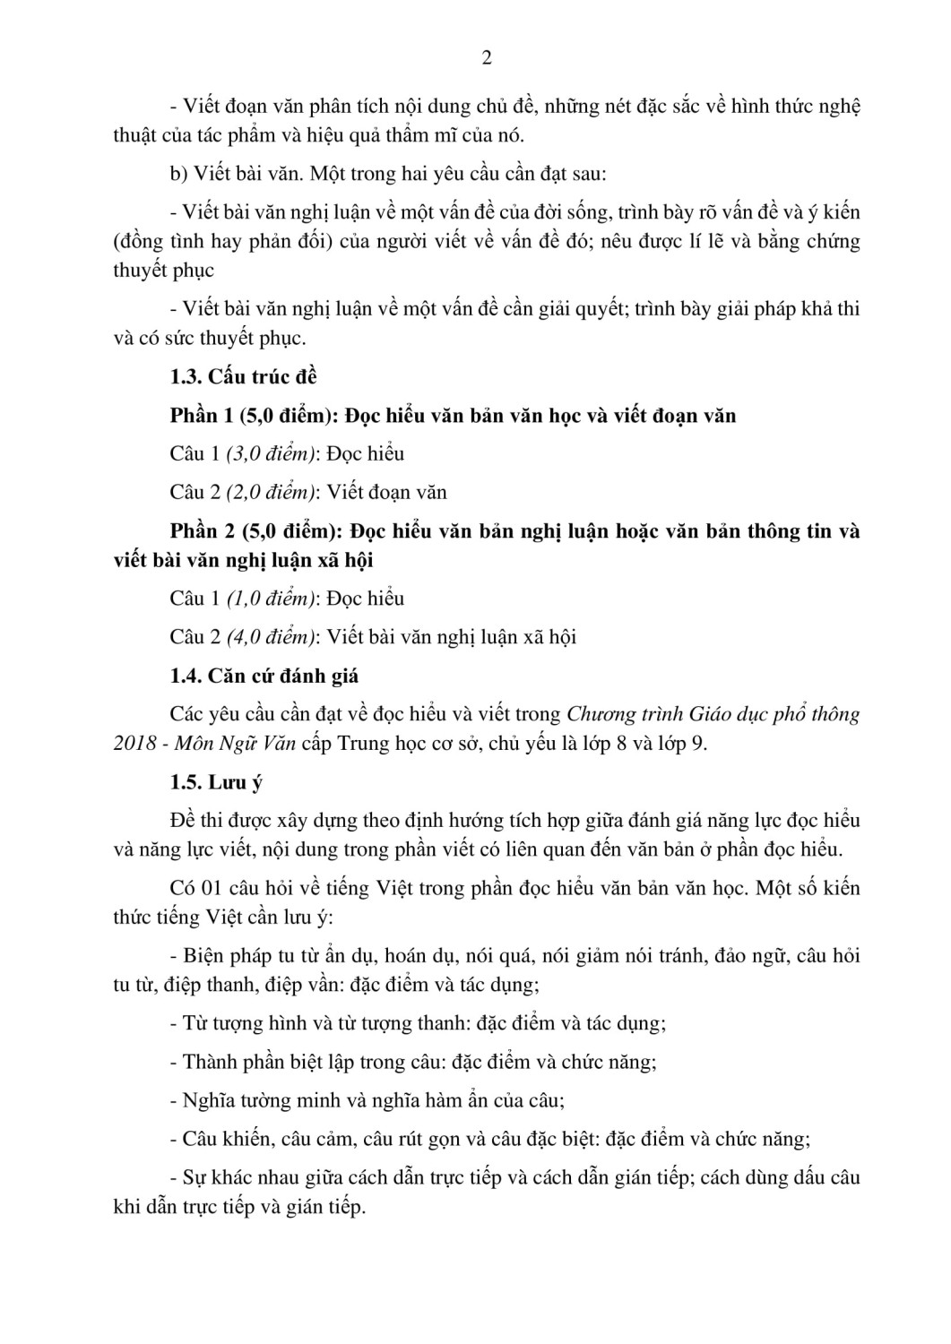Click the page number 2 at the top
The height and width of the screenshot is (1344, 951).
[x=487, y=59]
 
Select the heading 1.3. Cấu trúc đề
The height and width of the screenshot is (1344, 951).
[x=244, y=377]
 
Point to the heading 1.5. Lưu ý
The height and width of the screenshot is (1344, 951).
[x=216, y=782]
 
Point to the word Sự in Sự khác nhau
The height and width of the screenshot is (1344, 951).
[x=195, y=1178]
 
